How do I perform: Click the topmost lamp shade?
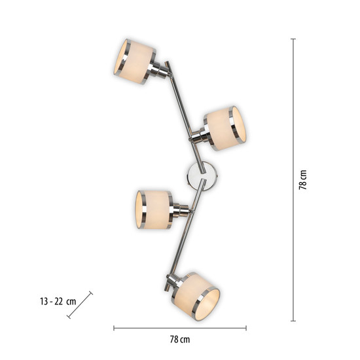[x=135, y=62]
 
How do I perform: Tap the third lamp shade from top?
[x=154, y=209]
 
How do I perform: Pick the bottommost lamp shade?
[x=197, y=297]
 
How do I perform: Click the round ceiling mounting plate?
[x=202, y=176]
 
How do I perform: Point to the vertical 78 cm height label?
[x=303, y=180]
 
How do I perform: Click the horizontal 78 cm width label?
[x=180, y=339]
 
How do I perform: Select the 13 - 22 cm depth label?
[x=58, y=301]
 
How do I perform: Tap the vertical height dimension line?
[x=293, y=180]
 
